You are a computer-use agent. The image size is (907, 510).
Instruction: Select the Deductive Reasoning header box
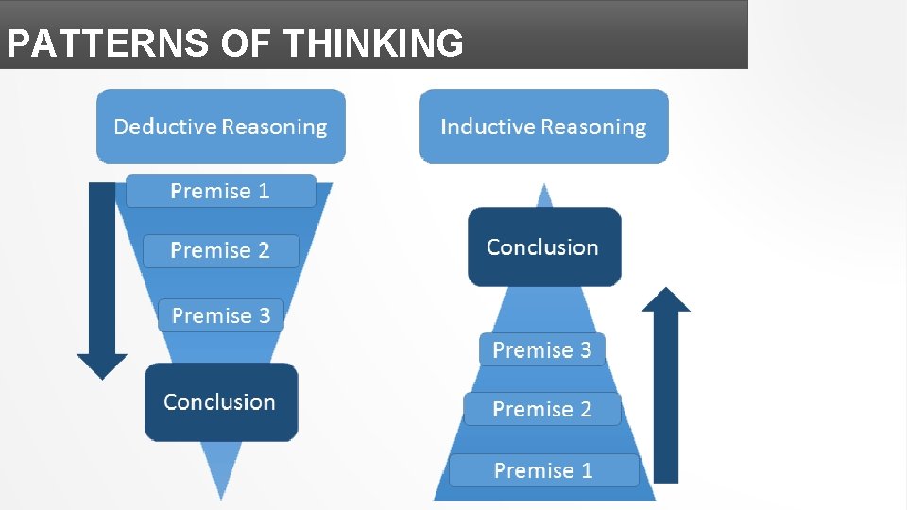click(x=221, y=127)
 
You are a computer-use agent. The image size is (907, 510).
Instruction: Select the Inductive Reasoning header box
click(x=543, y=127)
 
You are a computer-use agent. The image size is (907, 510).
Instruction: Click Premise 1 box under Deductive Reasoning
click(x=220, y=191)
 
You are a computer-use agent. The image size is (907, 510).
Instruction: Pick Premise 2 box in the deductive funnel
click(x=220, y=251)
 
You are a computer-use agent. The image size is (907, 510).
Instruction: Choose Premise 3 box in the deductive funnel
click(x=220, y=315)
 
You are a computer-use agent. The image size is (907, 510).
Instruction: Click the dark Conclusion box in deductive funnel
click(x=220, y=402)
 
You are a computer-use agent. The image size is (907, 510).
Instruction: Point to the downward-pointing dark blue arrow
click(x=102, y=274)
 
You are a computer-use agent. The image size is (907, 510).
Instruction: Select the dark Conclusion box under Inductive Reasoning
click(x=543, y=247)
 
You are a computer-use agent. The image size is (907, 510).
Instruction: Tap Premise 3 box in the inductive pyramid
click(x=542, y=350)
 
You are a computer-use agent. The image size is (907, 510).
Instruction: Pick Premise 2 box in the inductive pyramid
click(x=542, y=409)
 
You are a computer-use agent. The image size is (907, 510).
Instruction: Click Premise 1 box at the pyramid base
click(x=543, y=470)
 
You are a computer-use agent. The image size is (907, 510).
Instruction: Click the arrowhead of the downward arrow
click(x=102, y=366)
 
